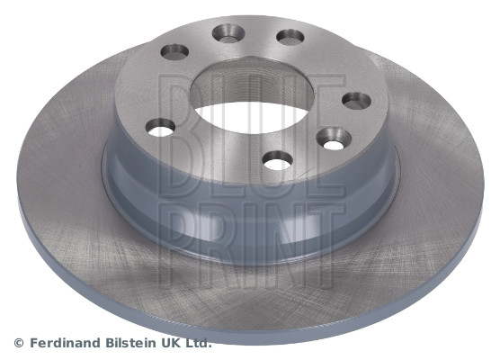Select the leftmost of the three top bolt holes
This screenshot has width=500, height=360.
(174, 51)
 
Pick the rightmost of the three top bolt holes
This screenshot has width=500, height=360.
(290, 38)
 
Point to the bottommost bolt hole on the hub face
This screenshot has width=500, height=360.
(276, 161)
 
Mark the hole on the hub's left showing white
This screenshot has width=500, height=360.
(160, 128)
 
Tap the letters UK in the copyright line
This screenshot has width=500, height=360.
(174, 343)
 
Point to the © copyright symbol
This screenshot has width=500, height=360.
(19, 343)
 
